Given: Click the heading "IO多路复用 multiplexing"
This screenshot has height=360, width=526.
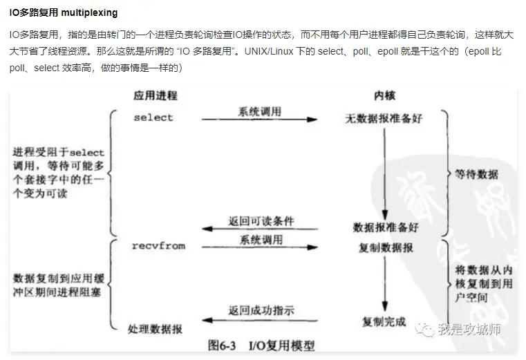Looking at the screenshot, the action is coord(64,13).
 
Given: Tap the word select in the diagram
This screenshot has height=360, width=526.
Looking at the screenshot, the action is coord(153,117).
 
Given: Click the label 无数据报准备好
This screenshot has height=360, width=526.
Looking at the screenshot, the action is coord(384,118).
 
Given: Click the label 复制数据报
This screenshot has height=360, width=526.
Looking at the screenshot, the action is coord(386,247).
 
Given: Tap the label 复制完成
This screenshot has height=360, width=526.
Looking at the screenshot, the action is coord(384,321).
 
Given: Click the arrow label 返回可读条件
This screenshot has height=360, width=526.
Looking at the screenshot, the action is coord(261,221).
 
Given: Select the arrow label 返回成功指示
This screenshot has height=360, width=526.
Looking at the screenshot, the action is coord(261,312).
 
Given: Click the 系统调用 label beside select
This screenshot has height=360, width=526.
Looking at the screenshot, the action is coord(260,111).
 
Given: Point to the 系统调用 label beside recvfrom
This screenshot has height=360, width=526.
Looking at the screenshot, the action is coord(261,240).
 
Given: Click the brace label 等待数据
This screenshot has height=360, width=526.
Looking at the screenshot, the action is coord(478,175).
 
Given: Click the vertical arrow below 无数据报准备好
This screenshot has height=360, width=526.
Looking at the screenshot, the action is coord(384,173).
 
